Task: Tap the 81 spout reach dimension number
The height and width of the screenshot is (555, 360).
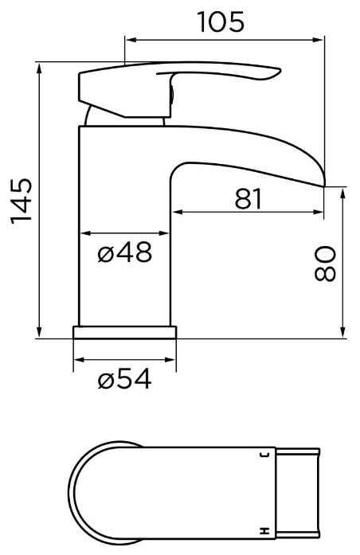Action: pyautogui.click(x=248, y=198)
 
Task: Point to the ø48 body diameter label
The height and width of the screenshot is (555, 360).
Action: pyautogui.click(x=124, y=253)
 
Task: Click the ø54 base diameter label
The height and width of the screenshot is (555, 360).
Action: pyautogui.click(x=125, y=381)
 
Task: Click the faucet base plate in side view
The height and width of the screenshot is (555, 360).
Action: pyautogui.click(x=124, y=332)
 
